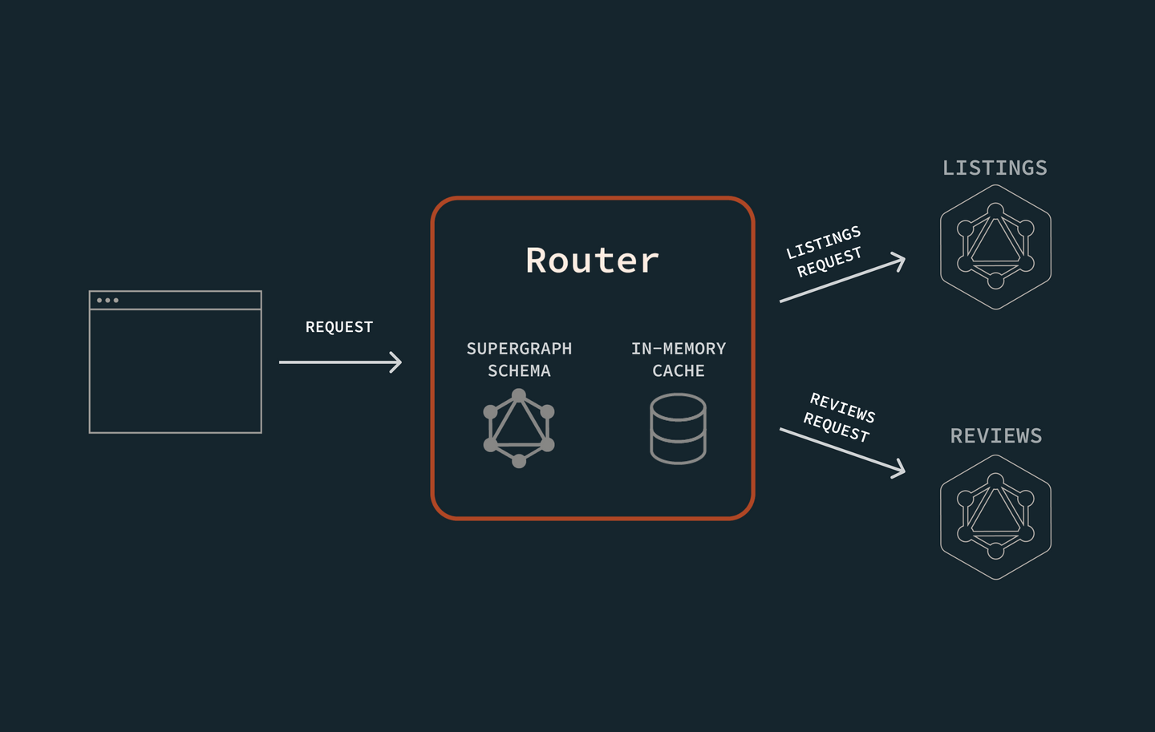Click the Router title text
(592, 261)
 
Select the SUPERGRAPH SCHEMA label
(519, 359)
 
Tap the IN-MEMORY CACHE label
(678, 359)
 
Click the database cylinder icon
(678, 428)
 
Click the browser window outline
(175, 362)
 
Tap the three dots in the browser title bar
(107, 301)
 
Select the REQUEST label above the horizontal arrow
(339, 327)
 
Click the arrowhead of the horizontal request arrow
(395, 362)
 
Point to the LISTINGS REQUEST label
(825, 252)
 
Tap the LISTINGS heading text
(995, 168)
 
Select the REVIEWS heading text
(995, 436)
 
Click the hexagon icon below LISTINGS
(995, 247)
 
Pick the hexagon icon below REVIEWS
(995, 517)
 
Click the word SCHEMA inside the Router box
(519, 371)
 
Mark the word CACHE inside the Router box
(678, 371)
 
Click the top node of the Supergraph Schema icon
(519, 395)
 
